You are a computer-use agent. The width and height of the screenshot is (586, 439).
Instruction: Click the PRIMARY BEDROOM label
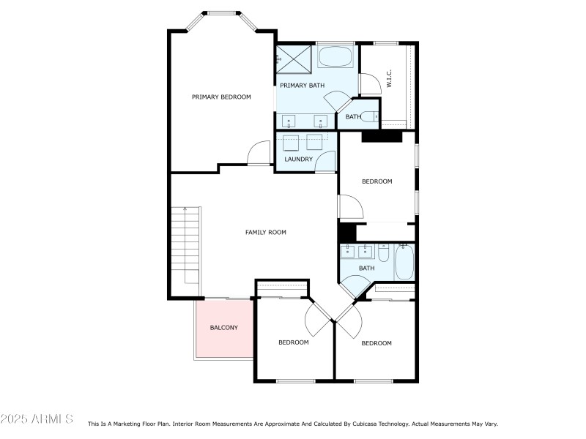[221, 97]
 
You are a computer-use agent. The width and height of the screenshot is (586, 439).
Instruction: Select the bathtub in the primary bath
[335, 57]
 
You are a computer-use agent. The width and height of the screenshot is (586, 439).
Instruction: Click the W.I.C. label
[390, 79]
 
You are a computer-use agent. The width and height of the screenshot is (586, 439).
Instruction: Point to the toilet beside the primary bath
[373, 116]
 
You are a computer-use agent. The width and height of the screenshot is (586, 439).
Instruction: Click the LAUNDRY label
[299, 159]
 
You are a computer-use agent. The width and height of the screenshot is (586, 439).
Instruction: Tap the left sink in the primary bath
[291, 120]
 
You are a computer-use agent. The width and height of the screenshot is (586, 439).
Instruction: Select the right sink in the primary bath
[320, 120]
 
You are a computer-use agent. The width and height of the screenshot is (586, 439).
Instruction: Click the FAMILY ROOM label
[265, 232]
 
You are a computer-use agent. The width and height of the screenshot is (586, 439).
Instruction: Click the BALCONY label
[223, 327]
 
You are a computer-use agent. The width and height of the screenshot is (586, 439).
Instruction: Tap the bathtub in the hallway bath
[405, 262]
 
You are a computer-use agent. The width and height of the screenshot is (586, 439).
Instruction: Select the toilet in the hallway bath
[384, 254]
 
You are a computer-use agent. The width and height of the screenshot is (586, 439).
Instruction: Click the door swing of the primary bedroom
[259, 154]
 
